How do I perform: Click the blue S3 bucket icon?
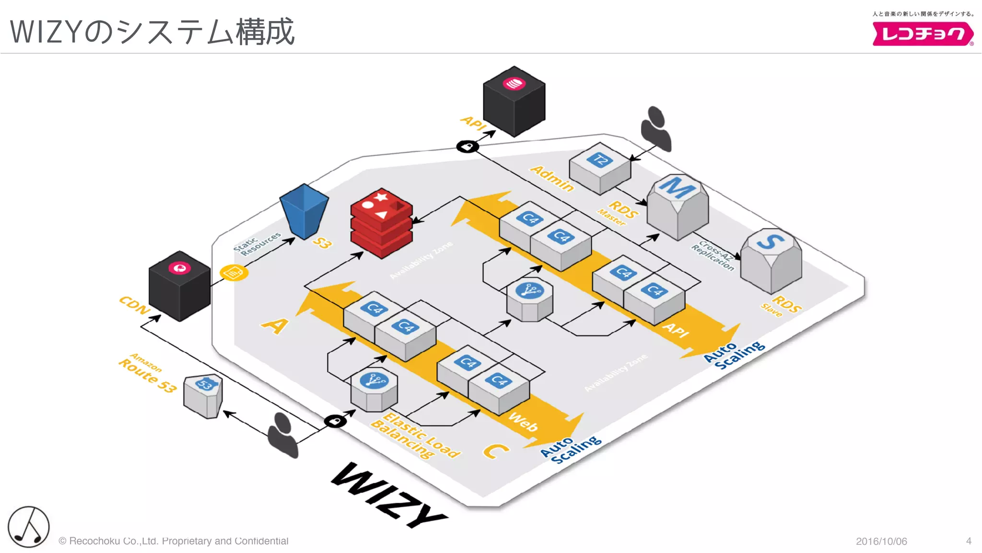(304, 211)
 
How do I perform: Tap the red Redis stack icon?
(381, 223)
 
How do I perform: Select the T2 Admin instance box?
(600, 168)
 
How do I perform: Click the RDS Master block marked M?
(677, 206)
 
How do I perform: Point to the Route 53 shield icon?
(203, 396)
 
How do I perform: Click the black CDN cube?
(179, 286)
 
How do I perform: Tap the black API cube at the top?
(514, 101)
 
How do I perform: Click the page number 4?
(969, 541)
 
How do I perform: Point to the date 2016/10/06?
(881, 541)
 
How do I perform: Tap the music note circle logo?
(29, 527)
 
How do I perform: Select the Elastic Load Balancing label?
(415, 436)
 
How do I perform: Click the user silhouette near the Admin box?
(656, 128)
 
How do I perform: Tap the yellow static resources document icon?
(234, 273)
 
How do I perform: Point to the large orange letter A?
(275, 325)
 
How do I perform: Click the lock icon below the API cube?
(468, 146)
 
